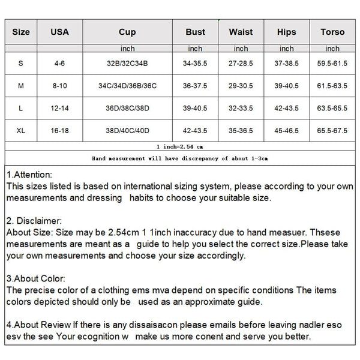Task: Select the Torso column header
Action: (332, 32)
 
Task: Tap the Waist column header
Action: (241, 32)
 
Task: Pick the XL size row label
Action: (21, 129)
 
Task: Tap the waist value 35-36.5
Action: (241, 129)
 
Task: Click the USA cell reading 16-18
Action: (60, 129)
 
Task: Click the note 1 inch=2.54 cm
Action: (179, 146)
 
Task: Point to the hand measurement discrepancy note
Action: (179, 158)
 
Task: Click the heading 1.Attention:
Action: (30, 174)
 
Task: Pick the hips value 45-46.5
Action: (286, 129)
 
